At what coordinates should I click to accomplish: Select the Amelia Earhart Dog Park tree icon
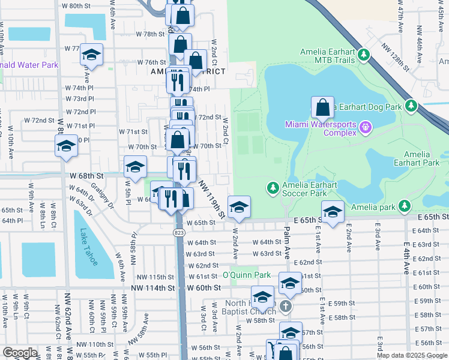point(411,106)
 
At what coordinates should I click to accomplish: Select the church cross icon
point(286,306)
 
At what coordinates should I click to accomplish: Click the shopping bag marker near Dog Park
point(323,107)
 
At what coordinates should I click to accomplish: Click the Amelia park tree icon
point(405,206)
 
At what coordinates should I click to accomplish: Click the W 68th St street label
point(87,176)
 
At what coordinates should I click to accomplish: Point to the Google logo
point(20,353)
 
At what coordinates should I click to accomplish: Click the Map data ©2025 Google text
point(411,355)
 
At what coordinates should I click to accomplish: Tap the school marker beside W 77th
point(91,55)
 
